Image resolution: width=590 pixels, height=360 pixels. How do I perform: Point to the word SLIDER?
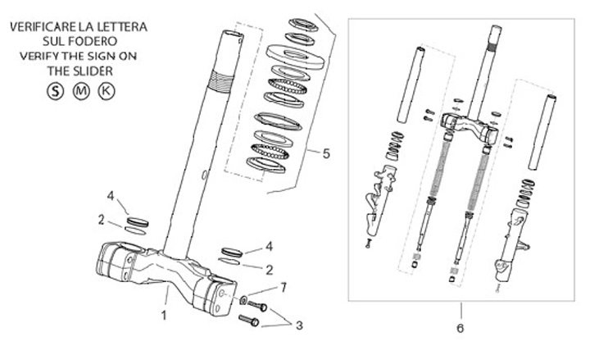(90, 71)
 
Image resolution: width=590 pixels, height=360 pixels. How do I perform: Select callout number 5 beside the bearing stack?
(326, 153)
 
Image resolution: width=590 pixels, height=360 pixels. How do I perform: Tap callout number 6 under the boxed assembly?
(460, 327)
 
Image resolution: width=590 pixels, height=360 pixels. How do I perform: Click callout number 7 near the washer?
(284, 286)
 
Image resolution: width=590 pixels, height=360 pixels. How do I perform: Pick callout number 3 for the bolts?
(298, 325)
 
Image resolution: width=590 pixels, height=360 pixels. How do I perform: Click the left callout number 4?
(111, 196)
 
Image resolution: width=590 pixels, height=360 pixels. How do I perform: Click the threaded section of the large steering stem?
(216, 81)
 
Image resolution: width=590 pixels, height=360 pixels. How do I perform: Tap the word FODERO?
(91, 41)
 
